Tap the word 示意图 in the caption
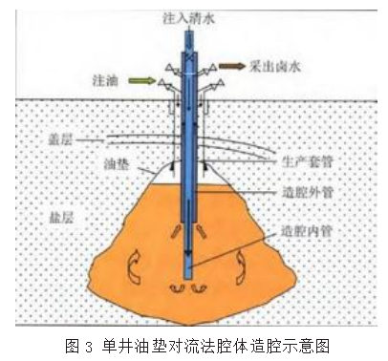pos(286,345)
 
